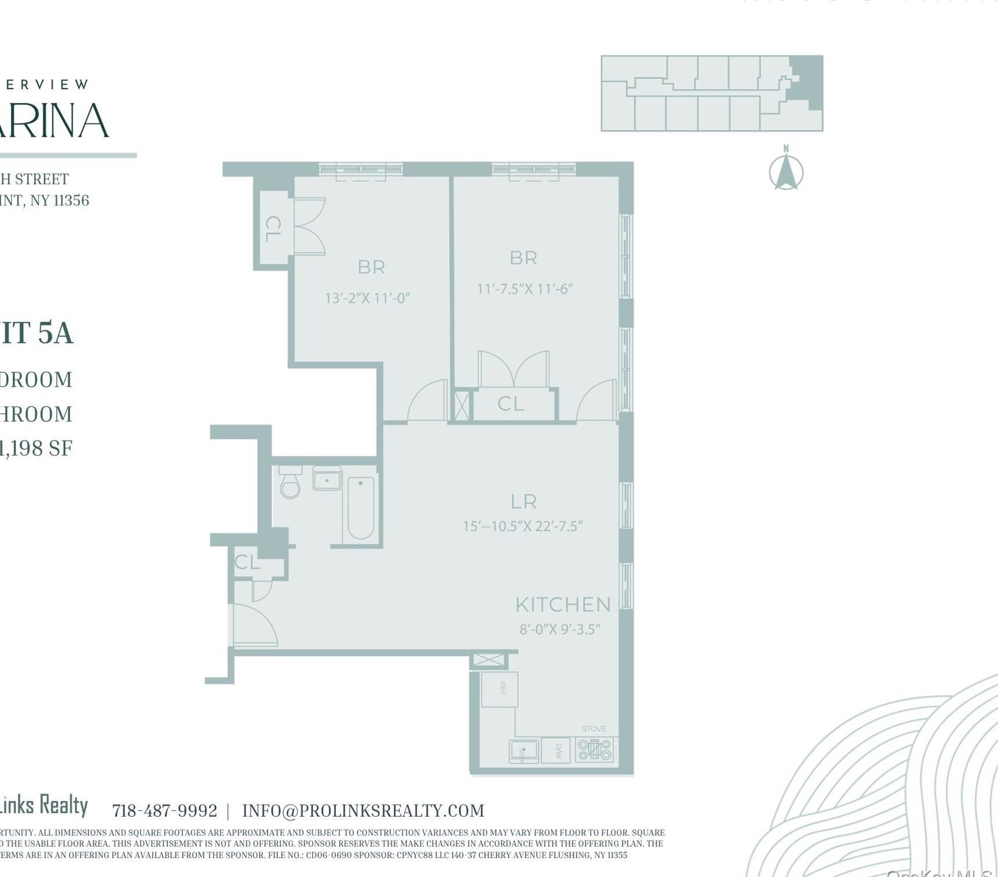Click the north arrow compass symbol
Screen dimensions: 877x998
[x=786, y=172]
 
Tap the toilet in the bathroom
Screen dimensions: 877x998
[x=290, y=484]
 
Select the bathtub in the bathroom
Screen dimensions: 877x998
[x=361, y=508]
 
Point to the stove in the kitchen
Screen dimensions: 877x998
[x=595, y=750]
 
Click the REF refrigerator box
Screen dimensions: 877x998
[x=500, y=689]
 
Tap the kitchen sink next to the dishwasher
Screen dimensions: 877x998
[x=524, y=751]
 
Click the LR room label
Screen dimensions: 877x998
[x=524, y=502]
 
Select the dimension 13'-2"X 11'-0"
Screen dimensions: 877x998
[x=367, y=298]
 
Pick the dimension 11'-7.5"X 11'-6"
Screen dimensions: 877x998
[x=525, y=288]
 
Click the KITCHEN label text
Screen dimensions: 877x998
[x=563, y=605]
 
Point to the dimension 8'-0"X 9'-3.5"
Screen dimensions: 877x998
[x=560, y=629]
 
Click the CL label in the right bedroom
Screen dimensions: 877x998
[x=511, y=404]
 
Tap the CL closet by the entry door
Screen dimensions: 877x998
[x=247, y=562]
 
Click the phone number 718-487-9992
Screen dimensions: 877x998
[x=164, y=810]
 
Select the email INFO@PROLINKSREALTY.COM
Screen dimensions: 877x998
[x=363, y=810]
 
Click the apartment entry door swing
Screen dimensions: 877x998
[x=255, y=626]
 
